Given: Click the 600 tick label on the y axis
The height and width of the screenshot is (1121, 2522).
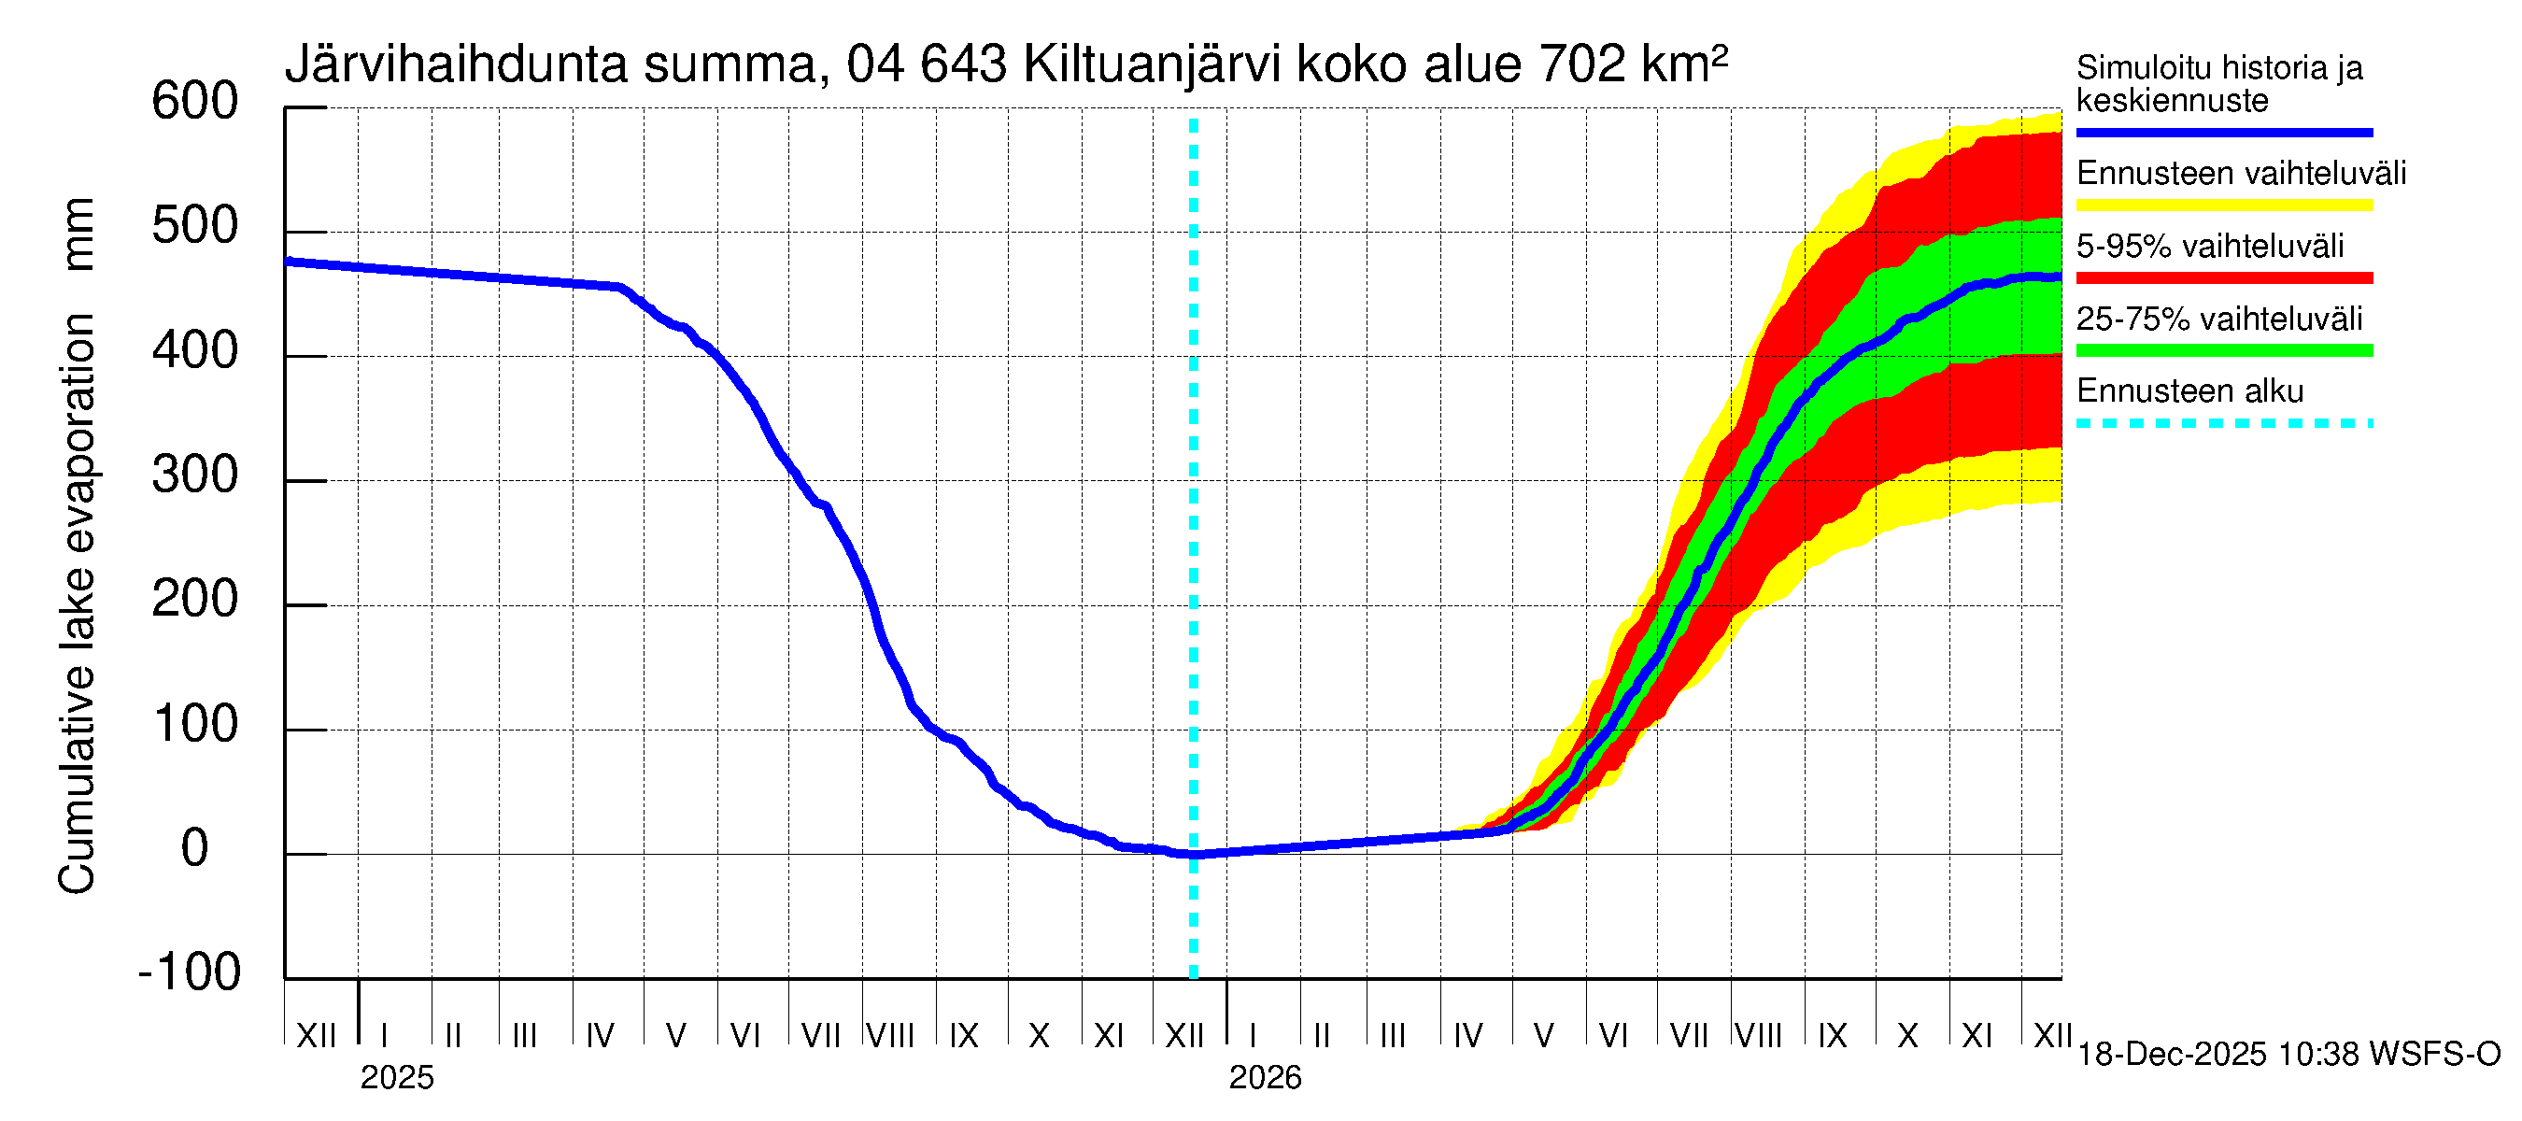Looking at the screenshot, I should tap(195, 102).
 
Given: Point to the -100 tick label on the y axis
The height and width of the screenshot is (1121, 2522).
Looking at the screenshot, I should tap(190, 972).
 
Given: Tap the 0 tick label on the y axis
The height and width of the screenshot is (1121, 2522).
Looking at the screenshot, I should tap(195, 848).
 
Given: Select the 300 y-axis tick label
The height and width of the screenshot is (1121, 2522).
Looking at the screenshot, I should tap(195, 475).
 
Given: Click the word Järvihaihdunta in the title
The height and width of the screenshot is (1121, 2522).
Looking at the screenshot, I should tap(455, 65).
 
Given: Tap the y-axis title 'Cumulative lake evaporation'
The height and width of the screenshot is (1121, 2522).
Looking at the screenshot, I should tap(78, 603).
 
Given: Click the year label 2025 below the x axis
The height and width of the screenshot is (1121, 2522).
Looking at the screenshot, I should tap(396, 1078).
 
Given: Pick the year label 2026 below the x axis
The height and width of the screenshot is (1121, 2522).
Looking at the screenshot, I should tap(1265, 1078).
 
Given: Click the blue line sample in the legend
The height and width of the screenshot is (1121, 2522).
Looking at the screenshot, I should tap(2223, 132).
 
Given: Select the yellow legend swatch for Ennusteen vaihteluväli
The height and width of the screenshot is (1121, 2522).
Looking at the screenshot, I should tap(2223, 206).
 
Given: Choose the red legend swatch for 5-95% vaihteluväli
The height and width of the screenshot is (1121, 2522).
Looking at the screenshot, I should tap(2223, 278).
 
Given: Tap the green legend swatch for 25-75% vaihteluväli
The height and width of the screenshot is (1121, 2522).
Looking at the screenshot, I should tap(2223, 350).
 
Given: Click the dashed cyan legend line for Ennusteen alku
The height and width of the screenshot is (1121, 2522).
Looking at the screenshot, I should tap(2223, 424).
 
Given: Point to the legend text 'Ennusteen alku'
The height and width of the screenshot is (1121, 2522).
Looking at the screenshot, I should tap(2190, 391).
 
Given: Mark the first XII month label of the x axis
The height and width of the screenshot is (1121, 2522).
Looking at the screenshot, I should tap(316, 1036).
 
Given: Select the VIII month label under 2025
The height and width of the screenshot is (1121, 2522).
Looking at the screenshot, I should tap(891, 1036).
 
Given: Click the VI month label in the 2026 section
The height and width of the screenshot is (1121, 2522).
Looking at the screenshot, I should tap(1612, 1036).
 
